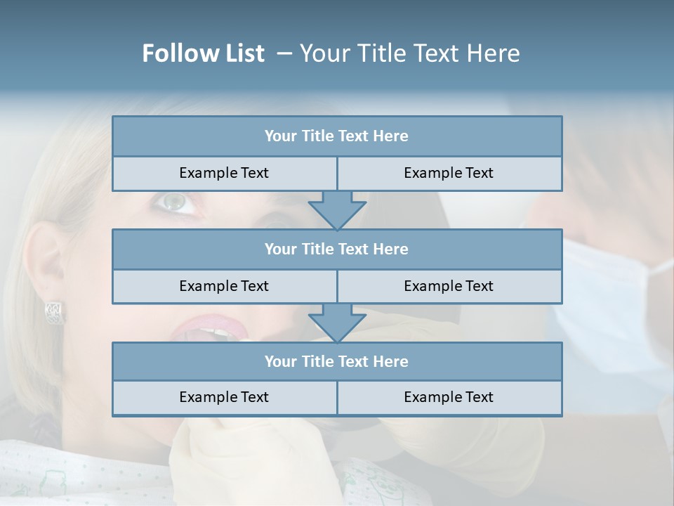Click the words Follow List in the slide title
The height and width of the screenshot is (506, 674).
tap(203, 53)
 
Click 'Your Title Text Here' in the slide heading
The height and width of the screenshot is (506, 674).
tap(409, 53)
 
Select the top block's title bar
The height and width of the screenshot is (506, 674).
tap(336, 136)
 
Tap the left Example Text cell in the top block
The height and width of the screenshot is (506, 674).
tap(224, 174)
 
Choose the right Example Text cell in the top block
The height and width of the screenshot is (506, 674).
tap(449, 174)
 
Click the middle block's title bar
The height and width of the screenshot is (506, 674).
tap(336, 249)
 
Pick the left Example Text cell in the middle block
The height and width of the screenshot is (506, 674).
tap(224, 287)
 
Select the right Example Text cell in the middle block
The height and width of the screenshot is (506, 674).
tap(449, 287)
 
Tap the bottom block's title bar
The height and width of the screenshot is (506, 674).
tap(336, 362)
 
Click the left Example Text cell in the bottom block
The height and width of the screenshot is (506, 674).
tap(224, 398)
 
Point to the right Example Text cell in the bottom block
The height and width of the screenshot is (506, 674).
tap(449, 398)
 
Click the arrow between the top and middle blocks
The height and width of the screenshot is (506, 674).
tap(337, 210)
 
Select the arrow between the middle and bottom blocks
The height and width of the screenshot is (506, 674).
tap(337, 323)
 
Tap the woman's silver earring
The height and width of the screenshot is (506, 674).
tap(55, 312)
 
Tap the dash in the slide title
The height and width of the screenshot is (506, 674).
tap(284, 53)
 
